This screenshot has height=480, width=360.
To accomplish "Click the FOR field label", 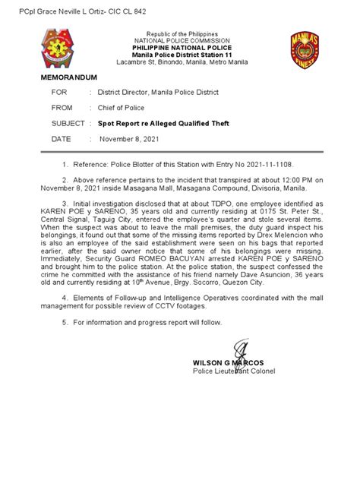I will point(60,93).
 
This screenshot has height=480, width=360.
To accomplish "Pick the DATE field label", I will point(62,139).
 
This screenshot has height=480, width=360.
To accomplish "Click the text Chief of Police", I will point(122,108).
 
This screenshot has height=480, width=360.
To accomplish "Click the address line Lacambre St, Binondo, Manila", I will point(180,64).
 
